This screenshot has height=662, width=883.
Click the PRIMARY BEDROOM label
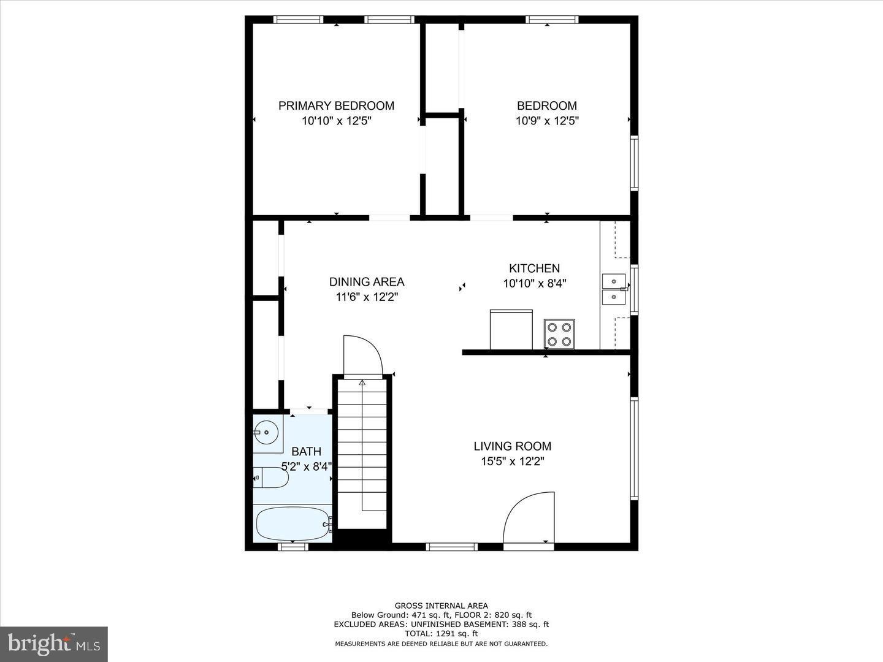point(336,105)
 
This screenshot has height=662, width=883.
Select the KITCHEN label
point(534,268)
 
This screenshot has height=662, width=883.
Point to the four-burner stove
point(559,334)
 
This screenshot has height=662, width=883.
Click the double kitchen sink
point(614,289)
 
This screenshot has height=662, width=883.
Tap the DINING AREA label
point(367,282)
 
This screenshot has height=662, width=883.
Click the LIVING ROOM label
point(512,446)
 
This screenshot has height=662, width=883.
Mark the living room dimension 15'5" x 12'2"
point(512,462)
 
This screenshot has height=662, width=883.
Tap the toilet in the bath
point(271,477)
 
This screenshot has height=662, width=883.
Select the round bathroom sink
point(266,432)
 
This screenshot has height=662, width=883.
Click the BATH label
point(306,452)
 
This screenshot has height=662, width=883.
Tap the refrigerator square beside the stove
point(511,329)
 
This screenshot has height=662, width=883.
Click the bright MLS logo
point(54,644)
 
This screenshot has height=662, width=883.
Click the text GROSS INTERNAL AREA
point(441,606)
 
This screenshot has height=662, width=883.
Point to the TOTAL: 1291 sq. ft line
point(441,634)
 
